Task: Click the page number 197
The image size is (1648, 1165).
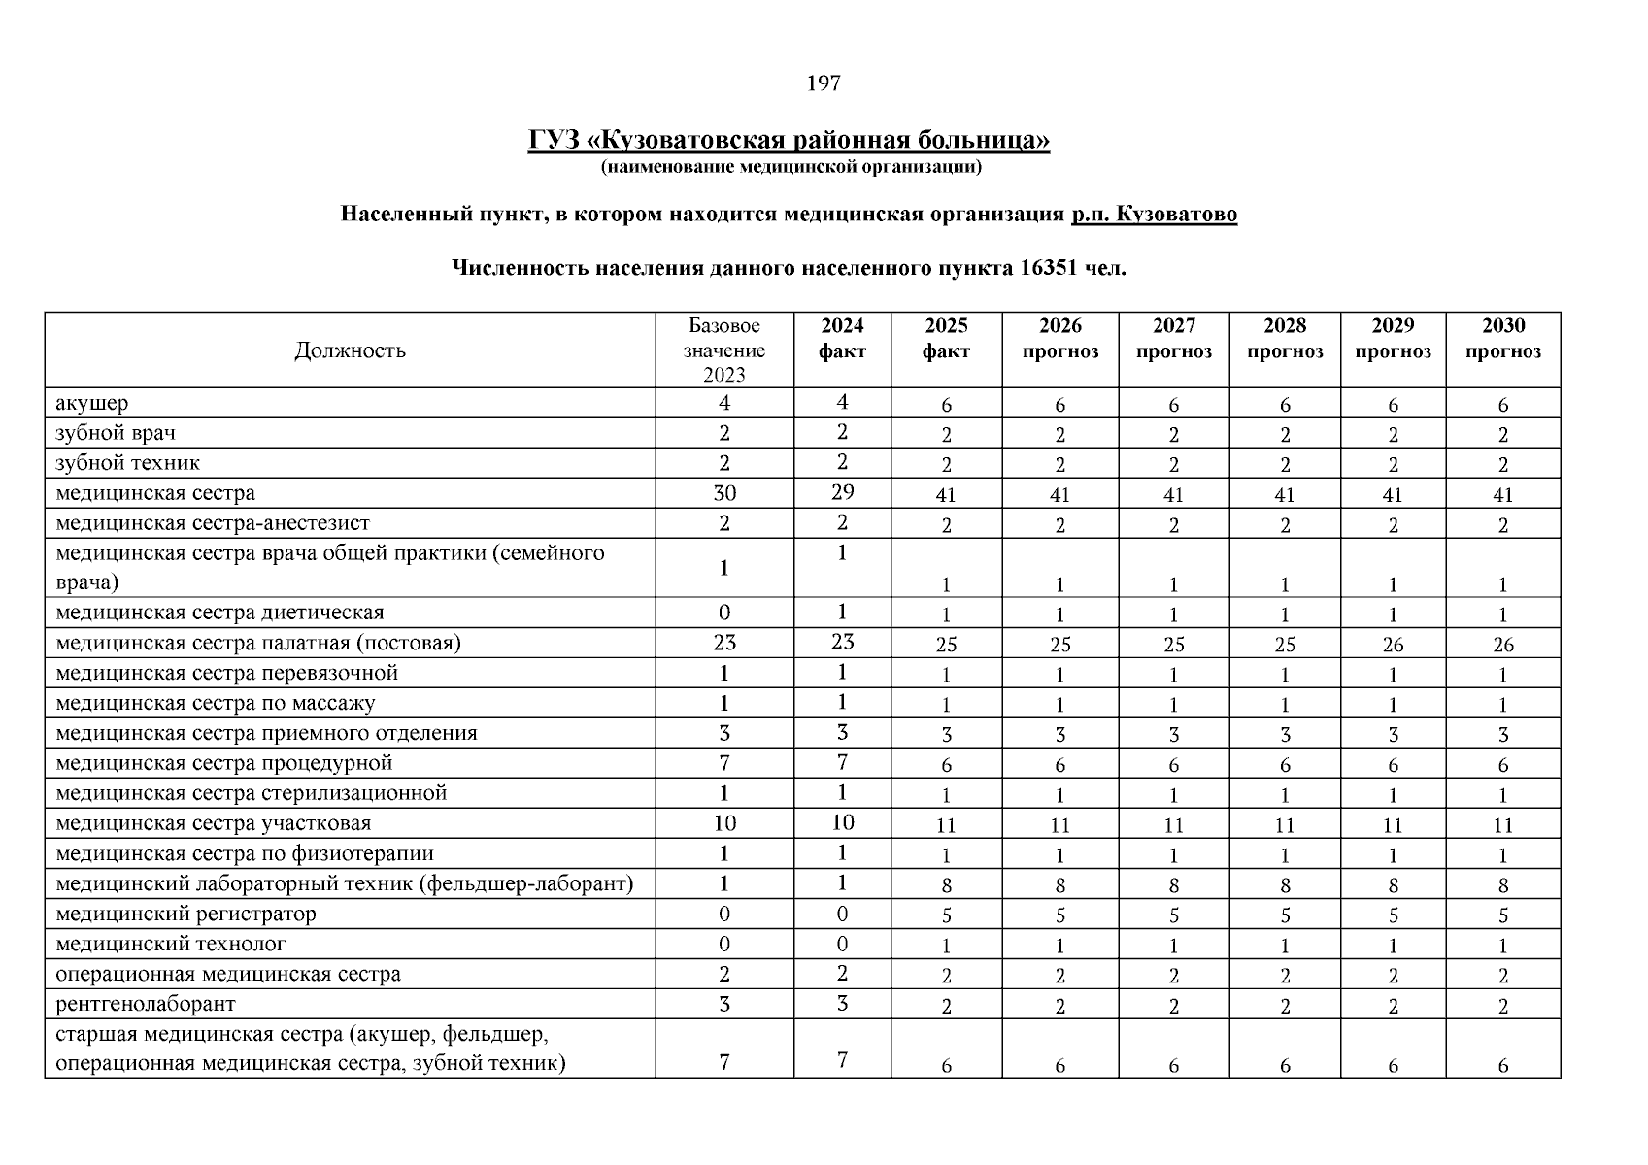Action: pos(824,83)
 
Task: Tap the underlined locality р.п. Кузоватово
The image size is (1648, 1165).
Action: pos(1154,215)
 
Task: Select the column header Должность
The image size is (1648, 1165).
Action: pos(350,350)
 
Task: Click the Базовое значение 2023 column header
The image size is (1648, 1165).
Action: pos(724,350)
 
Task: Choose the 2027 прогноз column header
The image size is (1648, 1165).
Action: pos(1173,339)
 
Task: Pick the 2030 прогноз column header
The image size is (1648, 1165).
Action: pos(1502,339)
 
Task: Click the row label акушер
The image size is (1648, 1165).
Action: pos(92,403)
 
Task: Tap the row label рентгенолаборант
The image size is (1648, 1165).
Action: pos(146,1004)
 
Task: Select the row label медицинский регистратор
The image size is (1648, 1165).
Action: pos(185,915)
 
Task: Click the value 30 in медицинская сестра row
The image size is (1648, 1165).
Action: pos(724,493)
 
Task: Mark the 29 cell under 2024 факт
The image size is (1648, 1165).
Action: pos(842,492)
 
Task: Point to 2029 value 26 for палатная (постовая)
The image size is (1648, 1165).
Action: pos(1393,645)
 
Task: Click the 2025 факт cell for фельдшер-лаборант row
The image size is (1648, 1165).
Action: pos(946,885)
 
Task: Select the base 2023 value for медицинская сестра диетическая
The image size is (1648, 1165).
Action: pos(724,613)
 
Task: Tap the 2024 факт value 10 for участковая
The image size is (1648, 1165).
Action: pos(842,822)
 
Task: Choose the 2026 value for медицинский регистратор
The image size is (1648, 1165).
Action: pos(1059,915)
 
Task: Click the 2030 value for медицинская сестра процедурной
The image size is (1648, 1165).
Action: pos(1502,765)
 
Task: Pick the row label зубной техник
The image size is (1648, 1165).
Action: pos(128,463)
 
